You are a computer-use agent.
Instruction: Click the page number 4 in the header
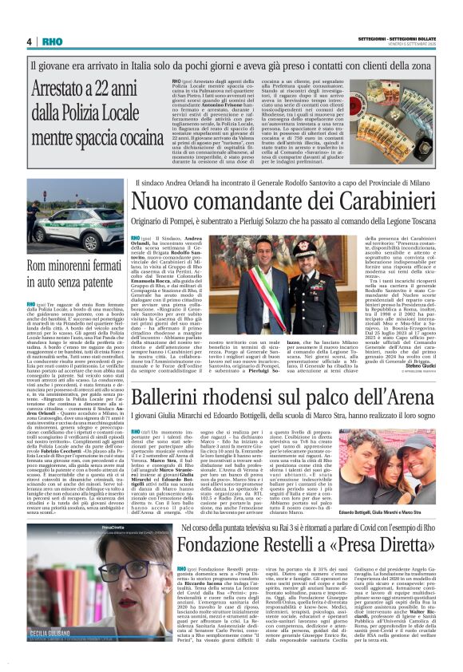[x=29, y=42]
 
